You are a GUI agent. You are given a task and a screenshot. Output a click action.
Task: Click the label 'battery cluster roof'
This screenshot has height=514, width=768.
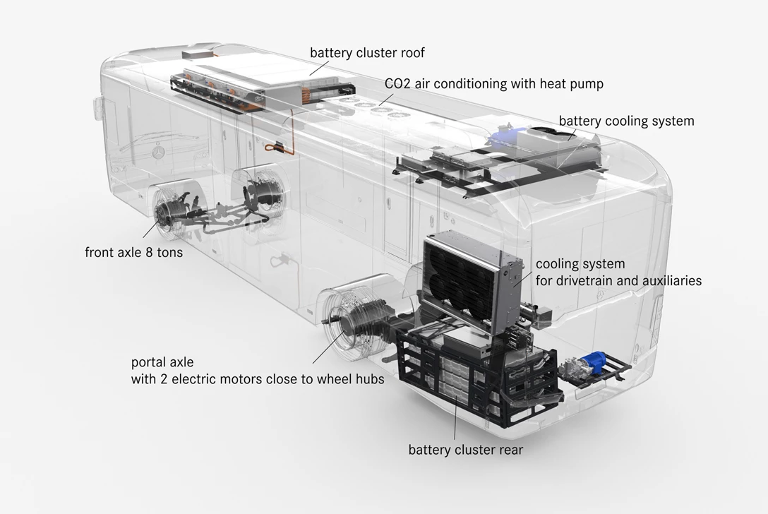coord(367,53)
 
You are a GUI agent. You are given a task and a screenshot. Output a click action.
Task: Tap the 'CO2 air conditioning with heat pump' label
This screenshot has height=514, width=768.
coord(493,84)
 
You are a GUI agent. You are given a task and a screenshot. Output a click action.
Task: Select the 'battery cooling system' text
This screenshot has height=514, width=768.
coord(626,121)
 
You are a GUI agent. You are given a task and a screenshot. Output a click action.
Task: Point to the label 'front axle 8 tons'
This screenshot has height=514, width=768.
coord(133,252)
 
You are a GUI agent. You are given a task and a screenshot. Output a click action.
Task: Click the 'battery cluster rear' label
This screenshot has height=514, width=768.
coord(466,450)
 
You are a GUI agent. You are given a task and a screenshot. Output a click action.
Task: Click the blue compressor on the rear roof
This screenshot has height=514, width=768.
coord(503,133)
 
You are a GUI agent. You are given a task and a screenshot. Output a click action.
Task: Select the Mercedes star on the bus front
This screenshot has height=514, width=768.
coord(157,153)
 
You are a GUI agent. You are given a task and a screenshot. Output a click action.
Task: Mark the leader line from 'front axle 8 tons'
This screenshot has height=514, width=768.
coord(151,229)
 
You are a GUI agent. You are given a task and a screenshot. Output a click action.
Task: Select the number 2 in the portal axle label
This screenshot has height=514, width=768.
coord(164,379)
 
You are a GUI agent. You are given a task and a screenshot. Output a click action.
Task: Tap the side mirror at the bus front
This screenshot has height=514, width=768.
coord(97,108)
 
